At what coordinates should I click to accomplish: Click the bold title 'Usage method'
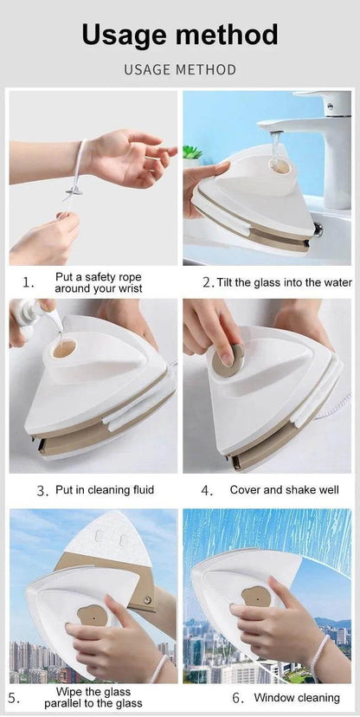click(x=180, y=35)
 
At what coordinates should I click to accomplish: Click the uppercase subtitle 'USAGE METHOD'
click(x=180, y=69)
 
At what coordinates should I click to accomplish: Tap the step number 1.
click(x=29, y=282)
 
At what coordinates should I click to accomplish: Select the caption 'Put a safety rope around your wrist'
click(x=98, y=282)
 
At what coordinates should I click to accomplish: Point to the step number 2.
click(x=208, y=282)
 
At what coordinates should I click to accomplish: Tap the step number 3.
click(x=42, y=490)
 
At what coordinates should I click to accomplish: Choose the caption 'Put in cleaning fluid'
click(x=105, y=490)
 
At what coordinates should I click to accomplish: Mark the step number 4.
click(x=207, y=490)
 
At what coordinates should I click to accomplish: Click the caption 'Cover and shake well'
click(x=284, y=490)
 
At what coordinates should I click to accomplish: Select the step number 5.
click(x=15, y=697)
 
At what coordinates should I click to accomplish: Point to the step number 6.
click(x=236, y=697)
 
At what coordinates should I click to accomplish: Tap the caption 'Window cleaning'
click(x=297, y=697)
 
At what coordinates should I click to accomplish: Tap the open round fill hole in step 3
click(x=63, y=349)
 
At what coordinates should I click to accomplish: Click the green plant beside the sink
click(x=192, y=152)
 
